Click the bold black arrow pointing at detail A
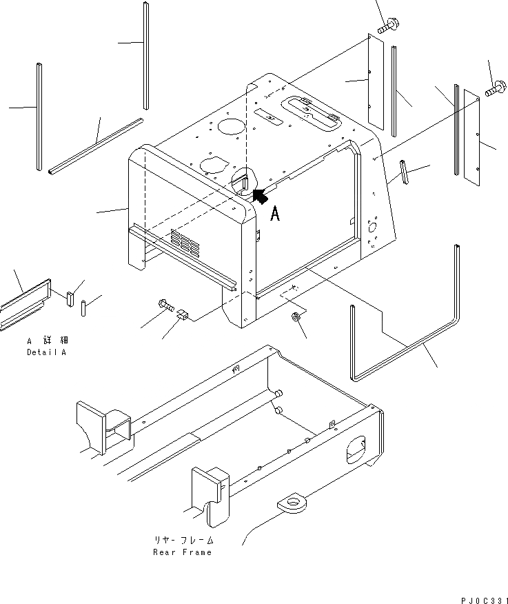260,197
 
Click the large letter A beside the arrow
275,214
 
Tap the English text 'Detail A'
48,352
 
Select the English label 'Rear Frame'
183,552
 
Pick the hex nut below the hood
294,318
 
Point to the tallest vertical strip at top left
146,55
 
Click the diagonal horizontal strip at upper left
95,146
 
